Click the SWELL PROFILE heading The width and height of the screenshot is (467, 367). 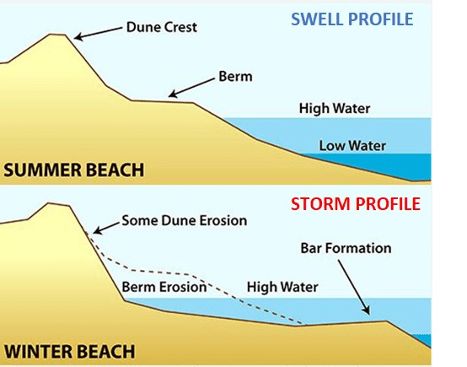[352, 19]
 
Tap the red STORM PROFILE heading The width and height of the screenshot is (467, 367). [356, 204]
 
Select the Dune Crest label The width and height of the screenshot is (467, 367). [161, 27]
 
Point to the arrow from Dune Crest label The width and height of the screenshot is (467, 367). [99, 33]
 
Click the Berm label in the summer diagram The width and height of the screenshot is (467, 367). [235, 77]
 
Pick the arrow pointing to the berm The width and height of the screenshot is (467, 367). [191, 88]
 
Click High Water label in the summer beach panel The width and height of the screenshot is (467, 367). [335, 109]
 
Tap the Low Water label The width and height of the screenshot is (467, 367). [352, 146]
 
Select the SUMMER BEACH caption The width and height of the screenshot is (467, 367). [74, 170]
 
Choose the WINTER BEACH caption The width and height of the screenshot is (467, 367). [69, 351]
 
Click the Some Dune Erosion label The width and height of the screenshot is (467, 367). [185, 220]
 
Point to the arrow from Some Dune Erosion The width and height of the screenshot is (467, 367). [106, 228]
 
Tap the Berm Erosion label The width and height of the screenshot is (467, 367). [164, 287]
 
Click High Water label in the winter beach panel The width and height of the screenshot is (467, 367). [282, 287]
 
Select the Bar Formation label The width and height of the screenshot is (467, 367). [346, 248]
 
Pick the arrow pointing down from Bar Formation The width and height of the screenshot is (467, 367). [354, 287]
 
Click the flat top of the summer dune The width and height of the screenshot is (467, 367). [57, 35]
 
